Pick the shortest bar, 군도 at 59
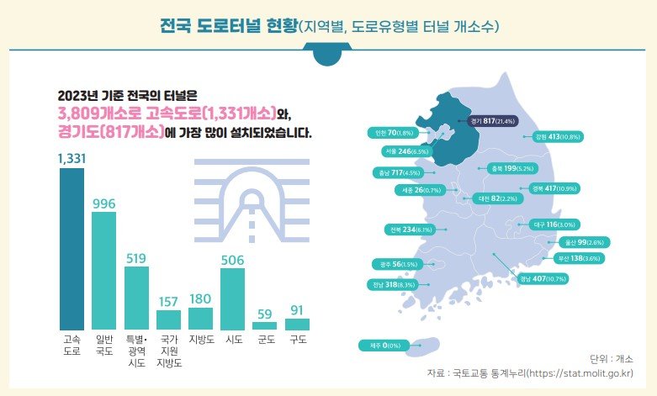click(264, 325)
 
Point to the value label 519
click(135, 258)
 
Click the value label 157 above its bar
click(168, 301)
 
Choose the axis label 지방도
click(200, 341)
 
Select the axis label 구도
click(297, 341)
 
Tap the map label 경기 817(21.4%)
click(494, 119)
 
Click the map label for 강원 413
click(554, 136)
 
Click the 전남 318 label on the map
click(395, 285)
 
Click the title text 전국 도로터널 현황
click(226, 26)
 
